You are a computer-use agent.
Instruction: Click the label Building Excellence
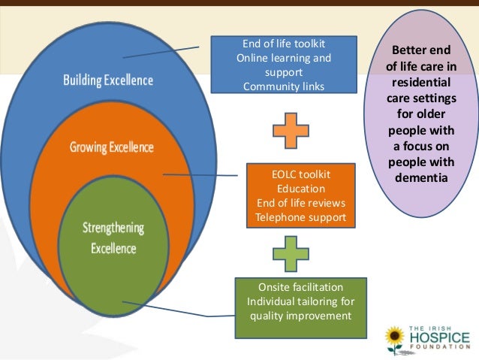coord(107,80)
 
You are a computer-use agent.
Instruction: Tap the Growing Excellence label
coord(111,147)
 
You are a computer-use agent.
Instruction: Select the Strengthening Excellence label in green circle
coord(114,237)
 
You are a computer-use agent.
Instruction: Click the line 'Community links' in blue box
coord(284,86)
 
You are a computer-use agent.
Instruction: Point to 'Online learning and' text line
coord(284,58)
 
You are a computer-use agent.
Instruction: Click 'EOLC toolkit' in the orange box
coord(300,174)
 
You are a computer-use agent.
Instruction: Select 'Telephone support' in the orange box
coord(300,217)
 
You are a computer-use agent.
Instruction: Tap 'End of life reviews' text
coord(300,203)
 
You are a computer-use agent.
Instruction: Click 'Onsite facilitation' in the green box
coord(300,287)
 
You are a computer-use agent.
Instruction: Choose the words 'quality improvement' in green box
coord(300,316)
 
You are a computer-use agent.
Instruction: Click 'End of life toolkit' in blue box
coord(284,44)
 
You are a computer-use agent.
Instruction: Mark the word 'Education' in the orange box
coord(300,189)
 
